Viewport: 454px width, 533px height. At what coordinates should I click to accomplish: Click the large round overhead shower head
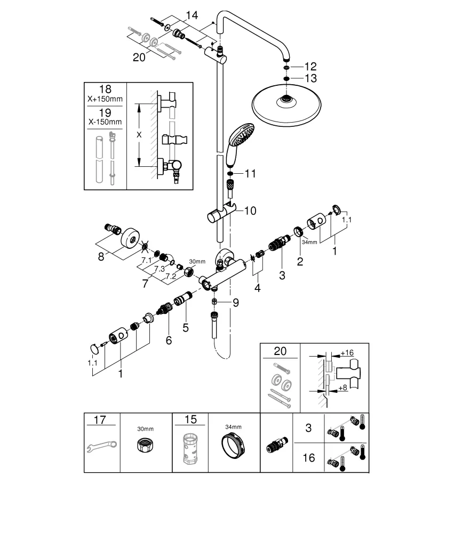288,106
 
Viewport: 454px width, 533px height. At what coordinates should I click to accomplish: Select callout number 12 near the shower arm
310,67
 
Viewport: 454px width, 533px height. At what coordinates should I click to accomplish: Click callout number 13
310,78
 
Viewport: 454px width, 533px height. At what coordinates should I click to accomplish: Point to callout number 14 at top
191,15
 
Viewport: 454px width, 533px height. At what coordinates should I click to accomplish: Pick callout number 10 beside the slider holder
250,211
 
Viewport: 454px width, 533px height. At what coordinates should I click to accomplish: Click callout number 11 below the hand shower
250,174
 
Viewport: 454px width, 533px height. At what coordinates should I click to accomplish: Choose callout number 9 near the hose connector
235,303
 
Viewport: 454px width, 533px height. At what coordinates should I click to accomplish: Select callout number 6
168,340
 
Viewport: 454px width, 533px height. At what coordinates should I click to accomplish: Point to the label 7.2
170,277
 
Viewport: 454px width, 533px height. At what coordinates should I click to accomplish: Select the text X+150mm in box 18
106,99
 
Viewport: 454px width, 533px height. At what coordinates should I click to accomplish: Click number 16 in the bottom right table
308,457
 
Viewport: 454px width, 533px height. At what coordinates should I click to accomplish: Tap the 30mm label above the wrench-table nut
145,429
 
